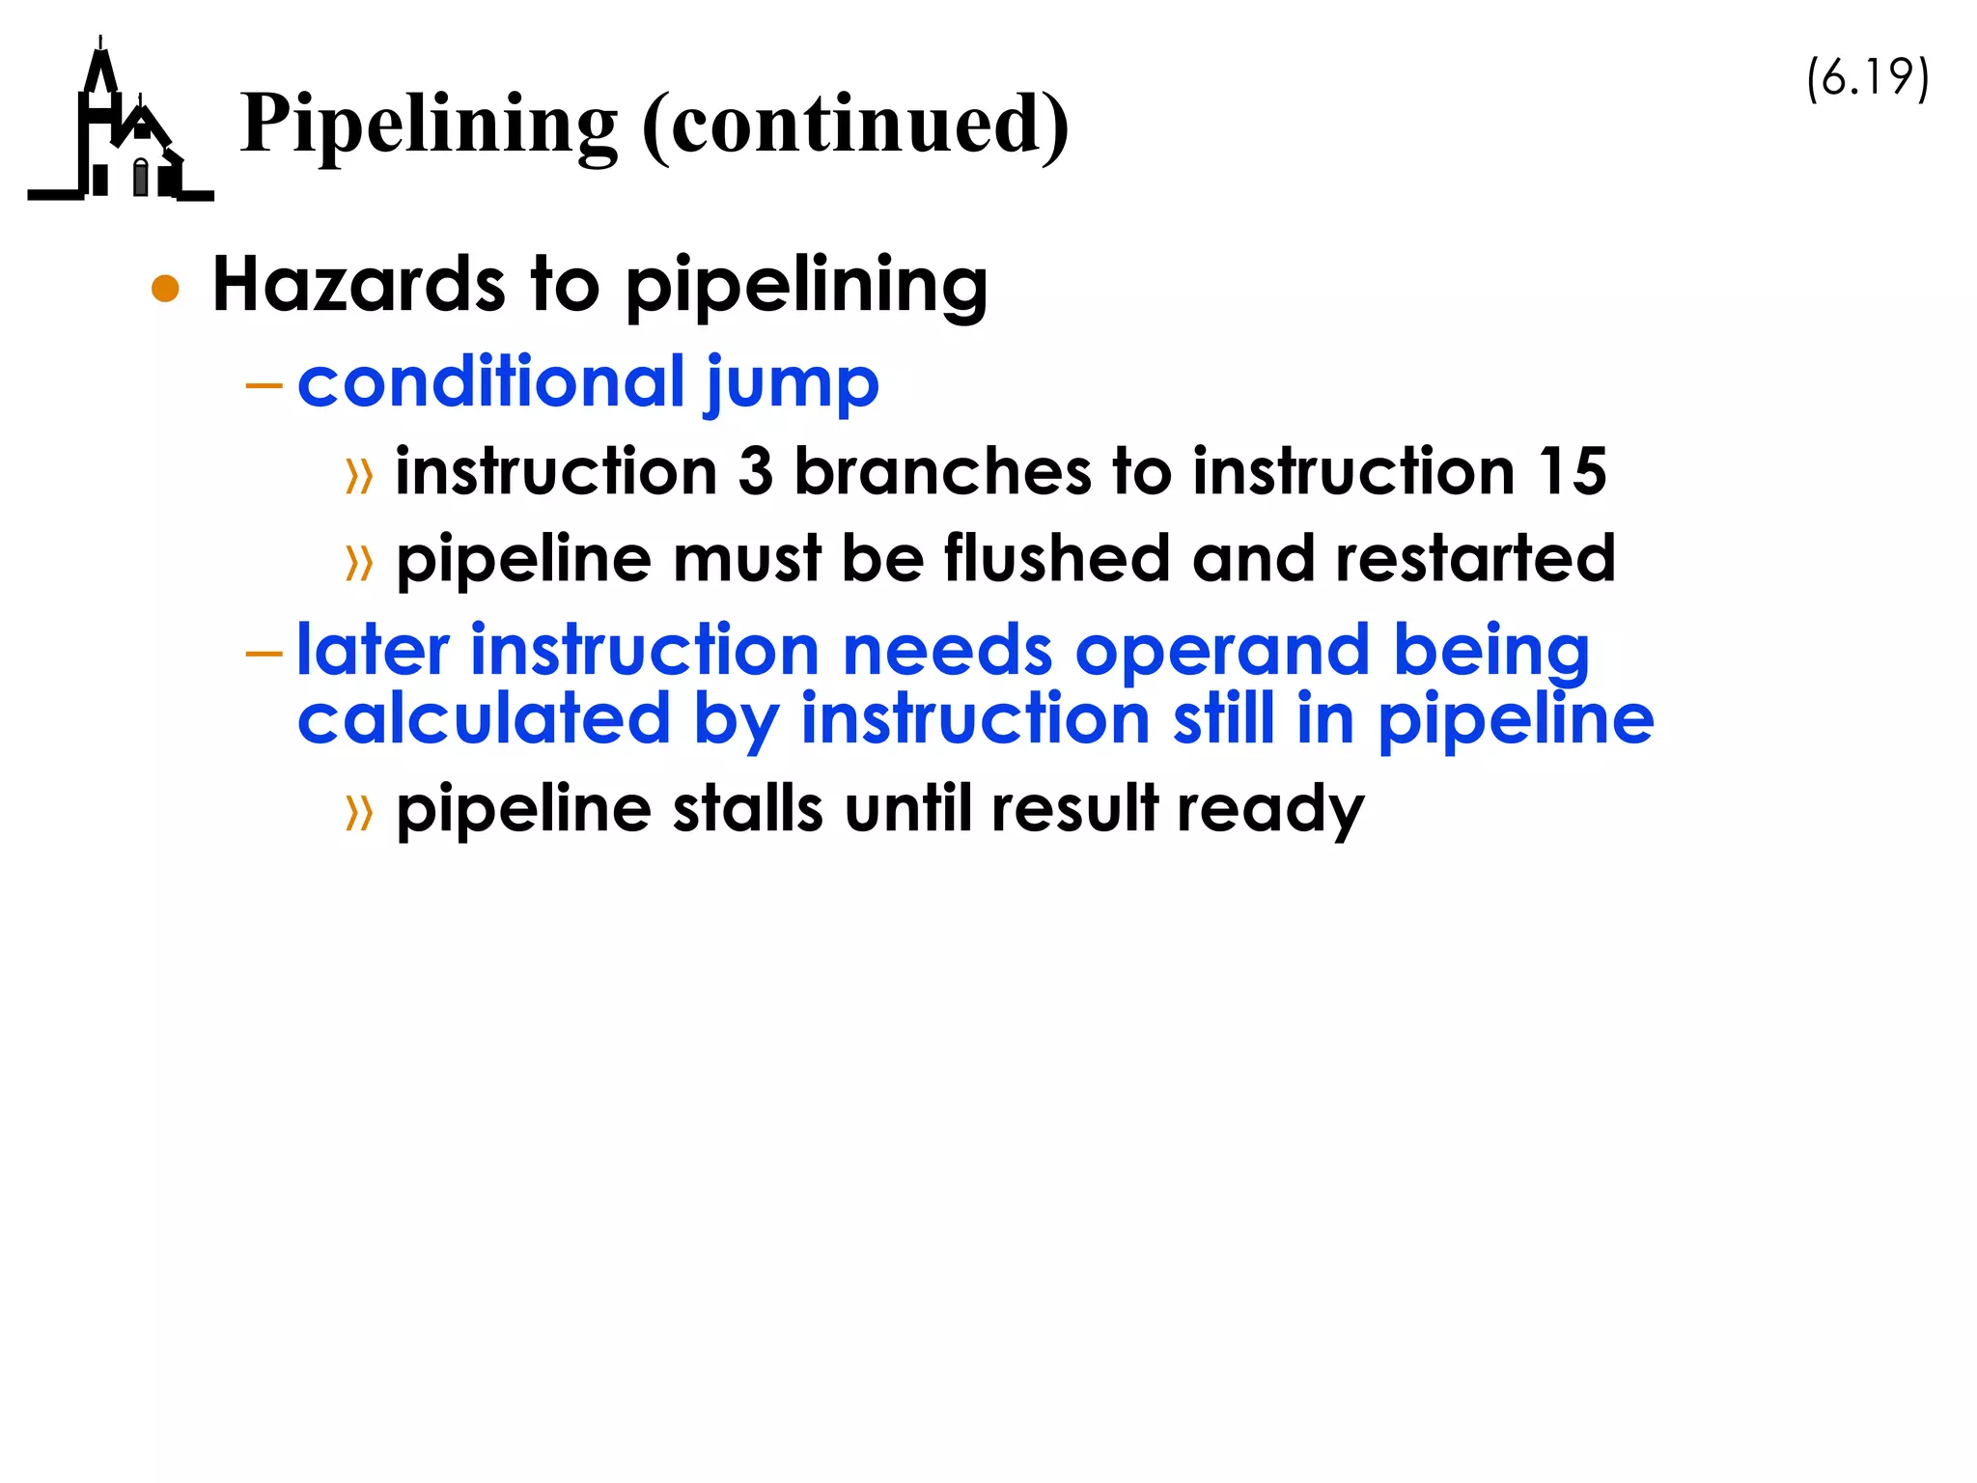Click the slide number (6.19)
coord(1867,78)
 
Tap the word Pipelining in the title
coord(429,126)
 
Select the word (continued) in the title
coord(855,126)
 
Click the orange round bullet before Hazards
coord(166,289)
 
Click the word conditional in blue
coord(491,382)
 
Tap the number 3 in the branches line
coord(756,472)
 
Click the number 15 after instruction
coord(1573,472)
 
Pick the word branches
coord(942,472)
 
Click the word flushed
coord(1057,559)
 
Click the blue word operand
coord(1222,652)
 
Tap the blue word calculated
coord(484,719)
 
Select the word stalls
coord(747,809)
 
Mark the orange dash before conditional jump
coord(264,386)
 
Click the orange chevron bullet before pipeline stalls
coord(359,813)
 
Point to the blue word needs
coord(947,650)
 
